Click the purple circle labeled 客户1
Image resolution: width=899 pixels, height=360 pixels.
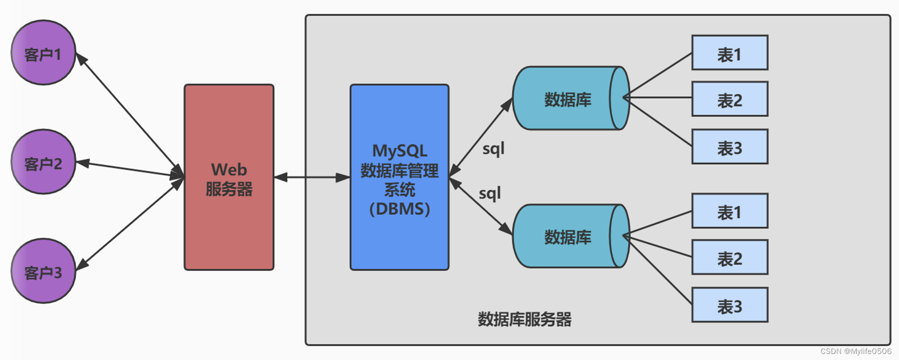coord(43,53)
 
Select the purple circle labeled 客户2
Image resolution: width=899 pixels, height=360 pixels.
coord(43,162)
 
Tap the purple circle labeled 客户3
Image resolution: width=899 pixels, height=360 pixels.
coord(43,271)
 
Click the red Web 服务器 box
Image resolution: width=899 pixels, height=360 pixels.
coord(229,177)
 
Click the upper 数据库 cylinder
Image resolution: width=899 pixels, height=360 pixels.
coord(568,99)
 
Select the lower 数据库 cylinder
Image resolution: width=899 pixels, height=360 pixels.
coord(568,236)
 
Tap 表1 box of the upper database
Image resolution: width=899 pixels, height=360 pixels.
coord(730,53)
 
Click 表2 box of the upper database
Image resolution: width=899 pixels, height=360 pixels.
coord(730,100)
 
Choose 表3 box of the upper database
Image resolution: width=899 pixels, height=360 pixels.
coord(730,147)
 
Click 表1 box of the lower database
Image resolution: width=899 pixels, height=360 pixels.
coord(730,211)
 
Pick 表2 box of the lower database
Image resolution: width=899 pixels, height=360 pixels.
coord(730,257)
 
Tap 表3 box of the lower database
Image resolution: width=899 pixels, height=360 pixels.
coord(730,305)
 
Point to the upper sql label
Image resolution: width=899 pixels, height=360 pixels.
coord(493,149)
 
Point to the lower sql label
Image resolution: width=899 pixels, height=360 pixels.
coord(489,194)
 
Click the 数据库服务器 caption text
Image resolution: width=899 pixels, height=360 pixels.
coord(524,319)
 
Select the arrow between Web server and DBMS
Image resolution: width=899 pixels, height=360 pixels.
coord(312,177)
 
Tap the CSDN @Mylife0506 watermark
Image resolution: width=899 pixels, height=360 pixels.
coord(855,351)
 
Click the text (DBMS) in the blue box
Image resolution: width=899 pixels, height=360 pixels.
coord(399,209)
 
